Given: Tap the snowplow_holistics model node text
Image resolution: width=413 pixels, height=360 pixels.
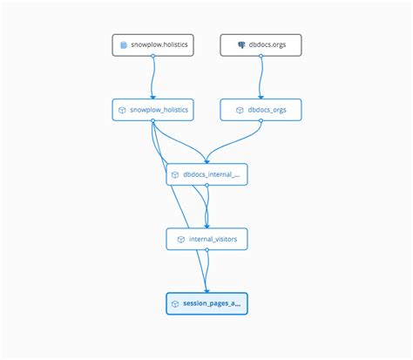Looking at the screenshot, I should (159, 110).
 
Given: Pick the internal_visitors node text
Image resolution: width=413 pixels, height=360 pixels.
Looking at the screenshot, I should (212, 238).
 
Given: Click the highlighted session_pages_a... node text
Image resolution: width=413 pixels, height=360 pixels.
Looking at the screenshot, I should (212, 303).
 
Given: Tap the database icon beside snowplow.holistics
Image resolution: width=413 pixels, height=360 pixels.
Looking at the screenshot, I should (124, 44).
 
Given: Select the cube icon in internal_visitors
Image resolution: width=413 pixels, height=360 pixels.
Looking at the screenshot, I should (179, 238).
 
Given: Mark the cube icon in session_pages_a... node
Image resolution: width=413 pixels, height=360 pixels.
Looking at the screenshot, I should (175, 303).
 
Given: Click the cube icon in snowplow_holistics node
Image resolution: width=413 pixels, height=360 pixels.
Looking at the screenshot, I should (124, 110).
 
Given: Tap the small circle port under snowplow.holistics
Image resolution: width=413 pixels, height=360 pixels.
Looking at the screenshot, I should (152, 56).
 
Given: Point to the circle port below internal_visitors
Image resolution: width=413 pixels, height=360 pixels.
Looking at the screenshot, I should (206, 249).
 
